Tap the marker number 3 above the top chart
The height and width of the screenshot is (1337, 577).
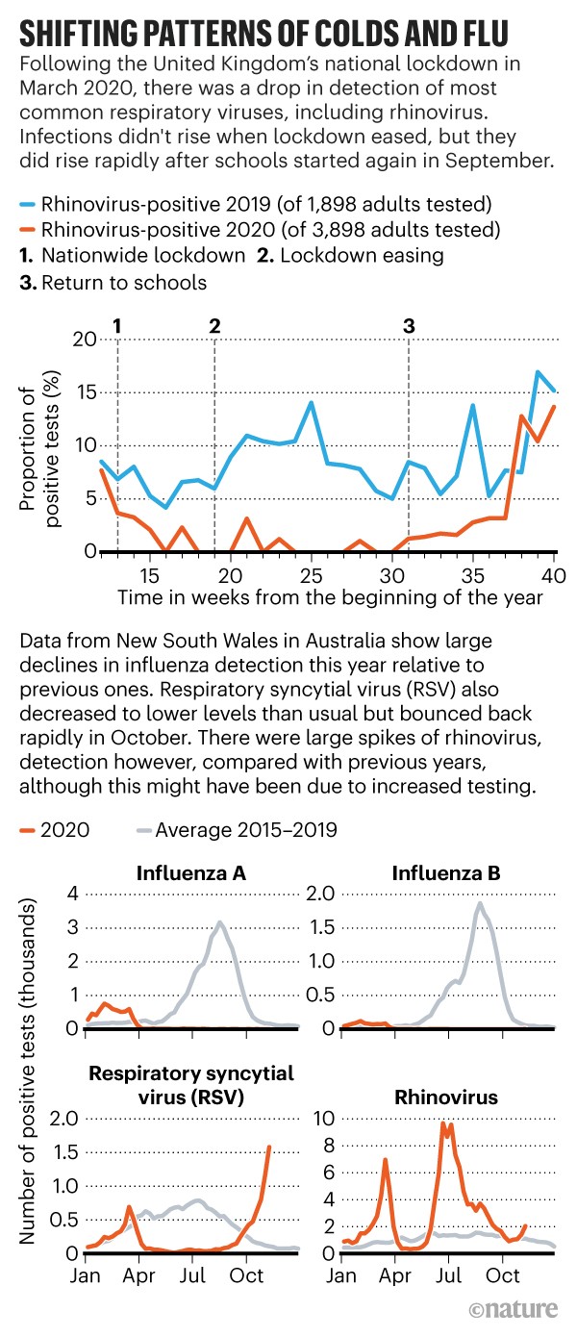(410, 325)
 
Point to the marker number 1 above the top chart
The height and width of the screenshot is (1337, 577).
(117, 325)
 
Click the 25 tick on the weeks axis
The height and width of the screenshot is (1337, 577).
(311, 575)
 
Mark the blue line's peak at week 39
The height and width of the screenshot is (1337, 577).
(538, 372)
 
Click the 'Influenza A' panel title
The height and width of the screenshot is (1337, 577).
(192, 874)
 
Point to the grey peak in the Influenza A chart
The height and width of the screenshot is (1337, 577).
(220, 921)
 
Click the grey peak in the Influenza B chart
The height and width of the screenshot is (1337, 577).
(479, 902)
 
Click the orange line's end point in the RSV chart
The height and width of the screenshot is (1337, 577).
(269, 1147)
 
